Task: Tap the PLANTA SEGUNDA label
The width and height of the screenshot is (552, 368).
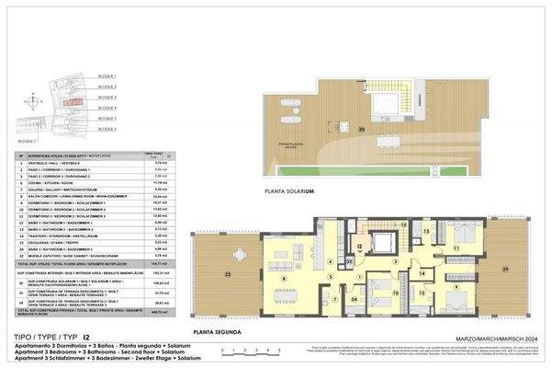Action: [x=218, y=329]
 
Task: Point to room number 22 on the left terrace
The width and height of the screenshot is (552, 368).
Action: [x=227, y=274]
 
